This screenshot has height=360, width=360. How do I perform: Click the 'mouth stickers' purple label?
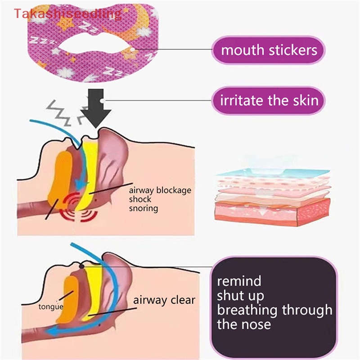(269, 49)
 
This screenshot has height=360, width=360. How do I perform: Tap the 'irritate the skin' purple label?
(269, 99)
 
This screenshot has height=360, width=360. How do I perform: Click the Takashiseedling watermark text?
(67, 14)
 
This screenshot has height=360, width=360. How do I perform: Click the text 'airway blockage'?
(160, 190)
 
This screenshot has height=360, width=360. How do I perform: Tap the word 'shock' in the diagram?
(140, 199)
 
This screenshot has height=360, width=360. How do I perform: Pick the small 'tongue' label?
(50, 307)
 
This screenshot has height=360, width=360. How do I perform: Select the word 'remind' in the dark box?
(239, 281)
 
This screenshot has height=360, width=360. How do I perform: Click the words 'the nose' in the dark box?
(244, 324)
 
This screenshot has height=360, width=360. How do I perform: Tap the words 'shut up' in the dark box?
(240, 296)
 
